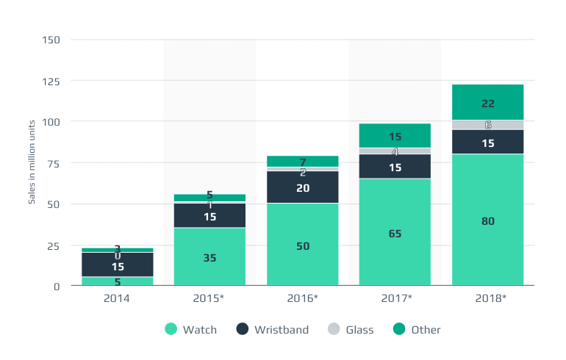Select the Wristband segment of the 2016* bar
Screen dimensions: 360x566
303,187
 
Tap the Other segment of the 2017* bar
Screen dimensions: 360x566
395,136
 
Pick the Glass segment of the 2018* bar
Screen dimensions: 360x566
487,125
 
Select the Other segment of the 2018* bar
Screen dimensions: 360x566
487,102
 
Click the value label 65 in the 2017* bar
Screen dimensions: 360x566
395,234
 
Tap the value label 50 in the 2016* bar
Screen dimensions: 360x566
303,246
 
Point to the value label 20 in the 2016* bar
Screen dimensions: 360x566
303,188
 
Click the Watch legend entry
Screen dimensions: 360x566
191,330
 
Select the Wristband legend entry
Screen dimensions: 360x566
273,330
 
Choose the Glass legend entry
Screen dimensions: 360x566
352,330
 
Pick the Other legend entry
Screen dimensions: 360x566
418,330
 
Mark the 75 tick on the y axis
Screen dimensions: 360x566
53,163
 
